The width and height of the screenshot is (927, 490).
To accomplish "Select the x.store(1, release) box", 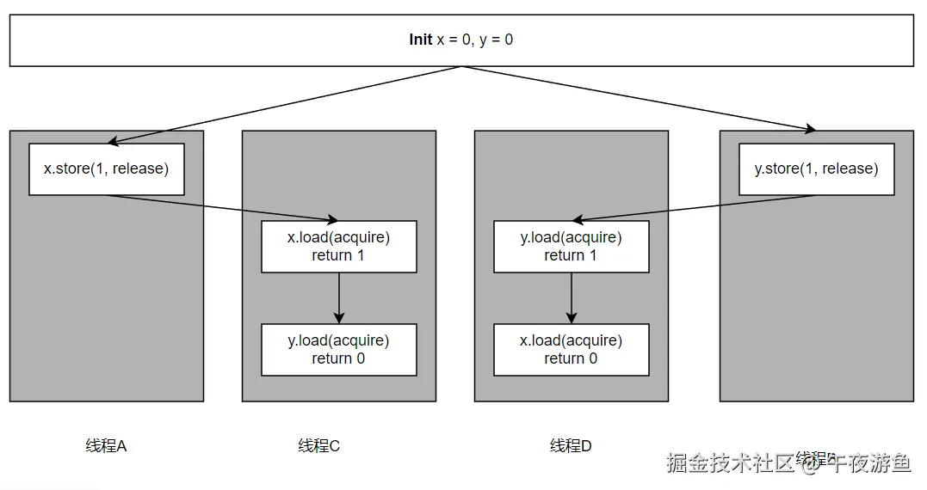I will [106, 169].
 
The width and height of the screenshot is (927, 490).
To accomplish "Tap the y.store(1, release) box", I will [816, 169].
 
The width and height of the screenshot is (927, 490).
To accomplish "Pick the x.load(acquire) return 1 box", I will [338, 247].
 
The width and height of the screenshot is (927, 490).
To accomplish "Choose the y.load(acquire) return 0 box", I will [338, 350].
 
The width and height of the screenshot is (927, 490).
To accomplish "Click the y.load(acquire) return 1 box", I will [571, 247].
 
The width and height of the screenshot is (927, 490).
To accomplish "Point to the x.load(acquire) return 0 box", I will [571, 350].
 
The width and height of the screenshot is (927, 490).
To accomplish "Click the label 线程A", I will [106, 446].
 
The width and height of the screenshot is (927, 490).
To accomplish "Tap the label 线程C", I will [319, 446].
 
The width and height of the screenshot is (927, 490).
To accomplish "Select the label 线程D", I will [571, 446].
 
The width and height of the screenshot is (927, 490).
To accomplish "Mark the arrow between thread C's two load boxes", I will [339, 298].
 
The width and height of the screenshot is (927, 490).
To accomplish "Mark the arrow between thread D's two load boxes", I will [572, 298].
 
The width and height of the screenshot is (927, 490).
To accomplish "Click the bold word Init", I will [421, 40].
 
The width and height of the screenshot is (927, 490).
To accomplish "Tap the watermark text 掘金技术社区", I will [730, 463].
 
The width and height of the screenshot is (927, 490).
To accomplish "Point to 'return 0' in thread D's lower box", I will [571, 358].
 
